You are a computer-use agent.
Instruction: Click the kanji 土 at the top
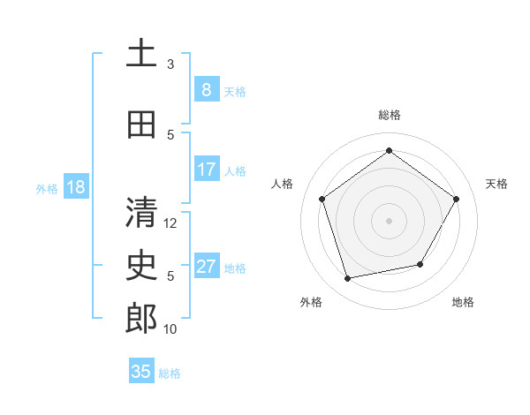pyautogui.click(x=141, y=54)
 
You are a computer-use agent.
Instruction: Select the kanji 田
pyautogui.click(x=141, y=124)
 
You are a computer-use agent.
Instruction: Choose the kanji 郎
pyautogui.click(x=141, y=318)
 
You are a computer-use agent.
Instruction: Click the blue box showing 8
pyautogui.click(x=206, y=89)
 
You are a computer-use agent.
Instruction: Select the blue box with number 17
pyautogui.click(x=206, y=170)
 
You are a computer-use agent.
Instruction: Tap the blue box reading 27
pyautogui.click(x=206, y=268)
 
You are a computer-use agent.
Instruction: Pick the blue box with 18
pyautogui.click(x=75, y=187)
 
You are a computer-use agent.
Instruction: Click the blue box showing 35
pyautogui.click(x=141, y=372)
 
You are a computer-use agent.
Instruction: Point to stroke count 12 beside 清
pyautogui.click(x=170, y=223)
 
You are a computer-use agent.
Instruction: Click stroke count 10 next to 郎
pyautogui.click(x=170, y=329)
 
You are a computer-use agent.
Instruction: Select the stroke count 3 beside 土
pyautogui.click(x=170, y=64)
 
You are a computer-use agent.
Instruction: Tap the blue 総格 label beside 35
pyautogui.click(x=170, y=373)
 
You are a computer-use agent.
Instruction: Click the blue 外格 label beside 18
pyautogui.click(x=46, y=189)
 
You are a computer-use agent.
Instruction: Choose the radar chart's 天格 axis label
pyautogui.click(x=496, y=184)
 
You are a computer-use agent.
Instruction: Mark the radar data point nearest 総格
pyautogui.click(x=389, y=151)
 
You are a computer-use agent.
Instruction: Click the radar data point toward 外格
pyautogui.click(x=347, y=279)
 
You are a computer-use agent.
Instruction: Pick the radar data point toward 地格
pyautogui.click(x=420, y=264)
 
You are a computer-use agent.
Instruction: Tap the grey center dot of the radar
pyautogui.click(x=389, y=221)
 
